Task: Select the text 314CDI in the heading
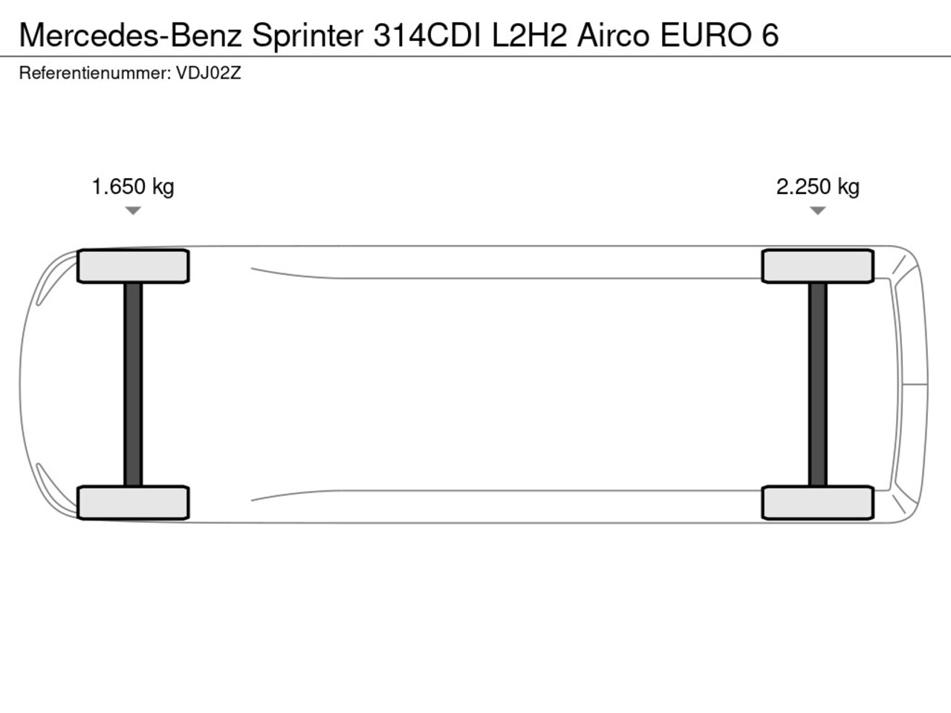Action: click(x=427, y=35)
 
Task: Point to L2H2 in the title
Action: click(x=529, y=35)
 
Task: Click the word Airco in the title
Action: click(x=613, y=35)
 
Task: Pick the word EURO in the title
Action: click(x=706, y=35)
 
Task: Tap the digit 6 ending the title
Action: click(x=770, y=35)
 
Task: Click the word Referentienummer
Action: click(x=95, y=74)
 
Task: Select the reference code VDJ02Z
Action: click(x=208, y=74)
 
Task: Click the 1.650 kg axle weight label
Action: click(x=133, y=187)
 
